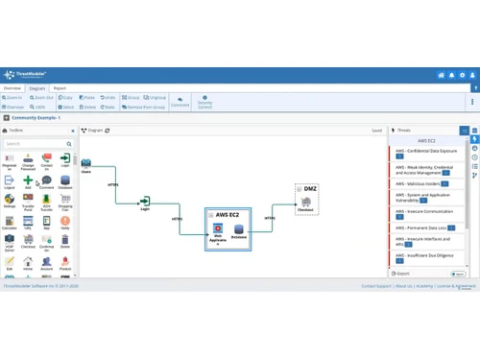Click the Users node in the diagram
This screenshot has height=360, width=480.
pos(85,164)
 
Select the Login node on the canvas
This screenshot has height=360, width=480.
pos(145,202)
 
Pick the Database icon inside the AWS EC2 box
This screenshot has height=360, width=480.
pos(239,229)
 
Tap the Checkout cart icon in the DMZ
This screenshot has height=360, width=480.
pos(305,202)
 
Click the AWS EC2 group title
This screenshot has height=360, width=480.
pos(228,215)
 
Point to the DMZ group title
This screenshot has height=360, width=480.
pos(309,189)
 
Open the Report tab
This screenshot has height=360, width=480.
pos(60,88)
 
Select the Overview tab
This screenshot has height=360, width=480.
pos(12,88)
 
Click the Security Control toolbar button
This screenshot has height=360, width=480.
pos(205,103)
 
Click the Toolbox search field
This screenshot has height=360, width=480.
pos(36,144)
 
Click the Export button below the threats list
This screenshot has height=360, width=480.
pos(402,274)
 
